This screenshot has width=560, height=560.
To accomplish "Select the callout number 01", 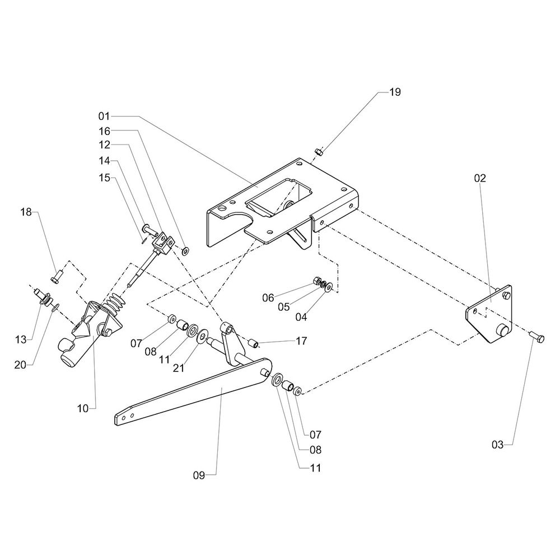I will click(x=104, y=116).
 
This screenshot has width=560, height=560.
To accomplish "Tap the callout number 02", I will click(x=480, y=179).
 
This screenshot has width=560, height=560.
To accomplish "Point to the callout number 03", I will click(x=498, y=445).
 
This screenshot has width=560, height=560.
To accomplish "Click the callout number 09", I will click(x=199, y=475).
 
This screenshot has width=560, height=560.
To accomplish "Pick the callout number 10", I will click(x=83, y=408).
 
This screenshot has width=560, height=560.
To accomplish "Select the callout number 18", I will click(x=27, y=212).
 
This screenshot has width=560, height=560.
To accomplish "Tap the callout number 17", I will click(x=301, y=340).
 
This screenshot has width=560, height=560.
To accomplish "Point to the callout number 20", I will click(x=21, y=365).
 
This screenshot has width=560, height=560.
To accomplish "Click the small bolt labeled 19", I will click(x=318, y=151).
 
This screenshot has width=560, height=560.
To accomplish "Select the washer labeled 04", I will click(x=330, y=287).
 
